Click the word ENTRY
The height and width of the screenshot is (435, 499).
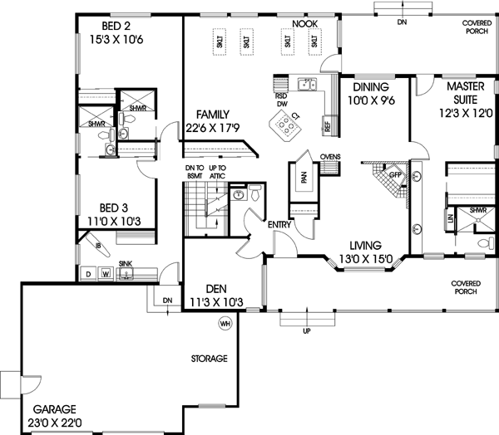279,224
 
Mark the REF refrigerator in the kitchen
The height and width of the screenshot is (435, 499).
328,127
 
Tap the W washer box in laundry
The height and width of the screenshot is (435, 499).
106,273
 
